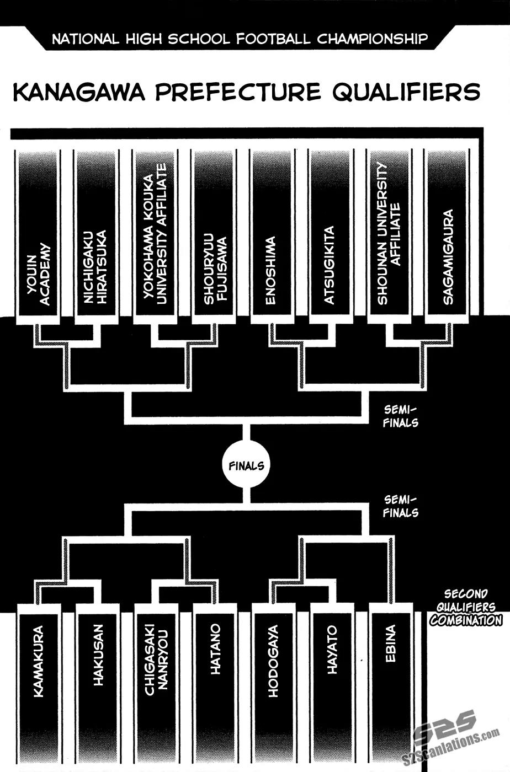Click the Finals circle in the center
[246, 466]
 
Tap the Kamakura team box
[39, 678]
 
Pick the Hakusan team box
[97, 678]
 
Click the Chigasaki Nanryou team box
[156, 678]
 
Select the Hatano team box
[215, 678]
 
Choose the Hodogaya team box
[273, 678]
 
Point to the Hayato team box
[332, 678]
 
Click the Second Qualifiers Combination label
[466, 607]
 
